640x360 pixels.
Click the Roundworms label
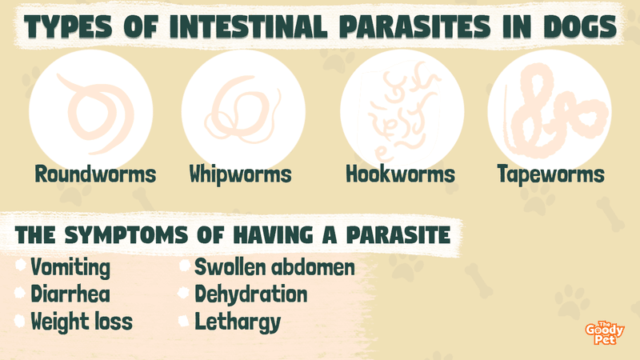pyautogui.click(x=95, y=174)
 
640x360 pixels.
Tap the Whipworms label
pyautogui.click(x=241, y=174)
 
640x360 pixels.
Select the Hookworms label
pyautogui.click(x=401, y=174)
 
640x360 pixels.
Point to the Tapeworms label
pyautogui.click(x=551, y=174)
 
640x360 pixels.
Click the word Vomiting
pyautogui.click(x=70, y=268)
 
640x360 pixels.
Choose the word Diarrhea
pyautogui.click(x=70, y=294)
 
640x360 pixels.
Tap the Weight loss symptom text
pyautogui.click(x=82, y=322)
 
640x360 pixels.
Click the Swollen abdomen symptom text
pyautogui.click(x=274, y=267)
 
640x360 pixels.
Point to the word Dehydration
pyautogui.click(x=251, y=294)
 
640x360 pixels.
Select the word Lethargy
pyautogui.click(x=238, y=322)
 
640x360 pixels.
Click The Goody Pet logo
pyautogui.click(x=605, y=333)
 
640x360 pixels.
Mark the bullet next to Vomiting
pyautogui.click(x=21, y=266)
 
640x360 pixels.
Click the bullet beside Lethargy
pyautogui.click(x=184, y=321)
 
